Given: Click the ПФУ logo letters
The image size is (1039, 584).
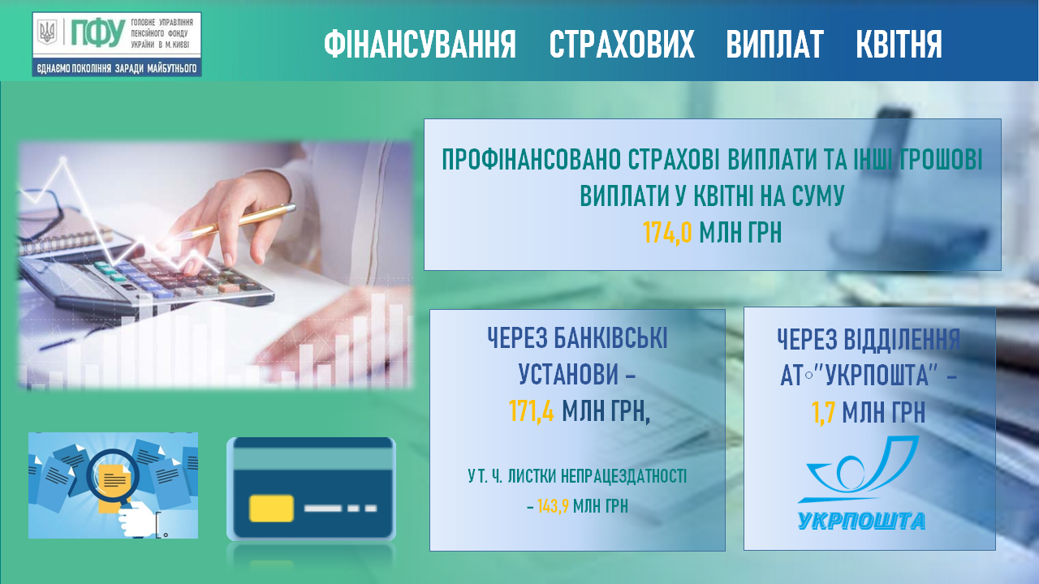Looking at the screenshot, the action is coord(98,33).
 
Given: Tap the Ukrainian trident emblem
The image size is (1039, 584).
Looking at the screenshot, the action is coord(47,32).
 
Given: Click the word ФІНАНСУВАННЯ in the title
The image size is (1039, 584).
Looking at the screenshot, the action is coord(420,44).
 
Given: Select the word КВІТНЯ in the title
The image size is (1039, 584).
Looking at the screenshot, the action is coord(899,44).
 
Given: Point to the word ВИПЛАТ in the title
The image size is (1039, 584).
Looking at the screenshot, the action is coord(774,44).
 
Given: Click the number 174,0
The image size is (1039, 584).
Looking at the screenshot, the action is coord(667,232).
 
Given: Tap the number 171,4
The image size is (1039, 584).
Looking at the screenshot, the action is coord(531,410).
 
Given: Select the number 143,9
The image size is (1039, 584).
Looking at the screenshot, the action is coord(553,506).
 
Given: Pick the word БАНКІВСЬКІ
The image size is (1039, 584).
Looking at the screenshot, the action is coord(610,338).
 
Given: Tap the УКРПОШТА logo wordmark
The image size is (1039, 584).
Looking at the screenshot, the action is coord(861,521).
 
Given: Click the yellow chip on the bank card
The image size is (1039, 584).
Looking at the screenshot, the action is coord(271,509).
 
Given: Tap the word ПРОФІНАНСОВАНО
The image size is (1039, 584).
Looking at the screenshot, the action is coord(532,160).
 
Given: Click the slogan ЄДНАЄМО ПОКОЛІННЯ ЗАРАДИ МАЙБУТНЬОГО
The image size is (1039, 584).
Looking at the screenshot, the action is coord(117,69).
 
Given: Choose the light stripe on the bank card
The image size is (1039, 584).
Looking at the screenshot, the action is coord(311,459).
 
